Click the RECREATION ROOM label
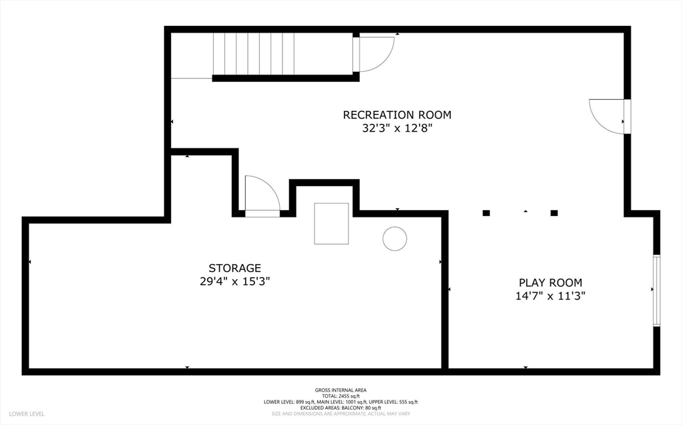pyautogui.click(x=397, y=114)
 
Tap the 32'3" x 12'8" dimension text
pyautogui.click(x=397, y=129)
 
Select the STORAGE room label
pyautogui.click(x=234, y=268)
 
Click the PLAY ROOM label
pyautogui.click(x=550, y=283)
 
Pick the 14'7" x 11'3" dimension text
pyautogui.click(x=550, y=297)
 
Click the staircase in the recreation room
pyautogui.click(x=253, y=55)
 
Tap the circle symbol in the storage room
pyautogui.click(x=394, y=239)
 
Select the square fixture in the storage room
pyautogui.click(x=331, y=223)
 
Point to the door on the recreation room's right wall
pyautogui.click(x=608, y=117)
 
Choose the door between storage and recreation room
pyautogui.click(x=262, y=197)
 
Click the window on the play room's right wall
pyautogui.click(x=656, y=291)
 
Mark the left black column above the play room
pyautogui.click(x=486, y=213)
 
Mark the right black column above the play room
pyautogui.click(x=554, y=213)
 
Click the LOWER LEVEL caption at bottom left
pyautogui.click(x=27, y=414)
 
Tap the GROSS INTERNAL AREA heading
pyautogui.click(x=340, y=390)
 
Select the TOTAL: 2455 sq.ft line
pyautogui.click(x=340, y=396)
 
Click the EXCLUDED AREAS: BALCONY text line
pyautogui.click(x=340, y=408)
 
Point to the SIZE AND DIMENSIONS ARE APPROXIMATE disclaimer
pyautogui.click(x=340, y=414)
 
